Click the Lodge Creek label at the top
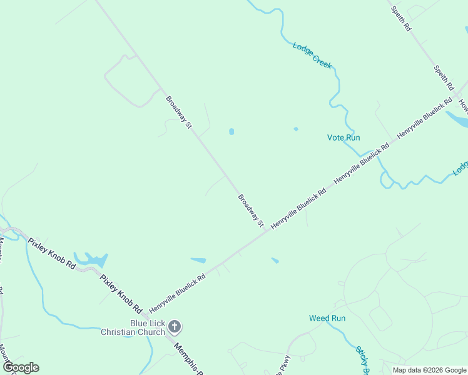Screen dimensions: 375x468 click(312, 55)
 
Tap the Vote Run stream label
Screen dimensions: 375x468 click(343, 137)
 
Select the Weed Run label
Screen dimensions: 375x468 click(327, 318)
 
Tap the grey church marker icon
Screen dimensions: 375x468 click(175, 326)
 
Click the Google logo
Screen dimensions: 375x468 click(21, 367)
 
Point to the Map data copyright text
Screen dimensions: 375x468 click(429, 370)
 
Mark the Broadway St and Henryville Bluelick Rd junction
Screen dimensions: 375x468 click(268, 231)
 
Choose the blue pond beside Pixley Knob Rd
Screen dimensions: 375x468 click(92, 259)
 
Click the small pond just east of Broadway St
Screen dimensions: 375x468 click(231, 132)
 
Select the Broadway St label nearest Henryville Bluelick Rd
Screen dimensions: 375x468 click(251, 211)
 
